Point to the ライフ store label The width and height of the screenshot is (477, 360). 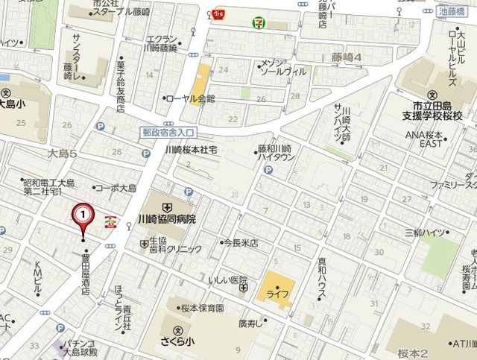tap(277, 294)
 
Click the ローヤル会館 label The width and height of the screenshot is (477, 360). tap(190, 98)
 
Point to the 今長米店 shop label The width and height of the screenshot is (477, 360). tap(240, 243)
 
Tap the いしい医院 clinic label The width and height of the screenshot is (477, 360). tap(227, 280)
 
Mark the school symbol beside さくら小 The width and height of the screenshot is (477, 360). tap(177, 330)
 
